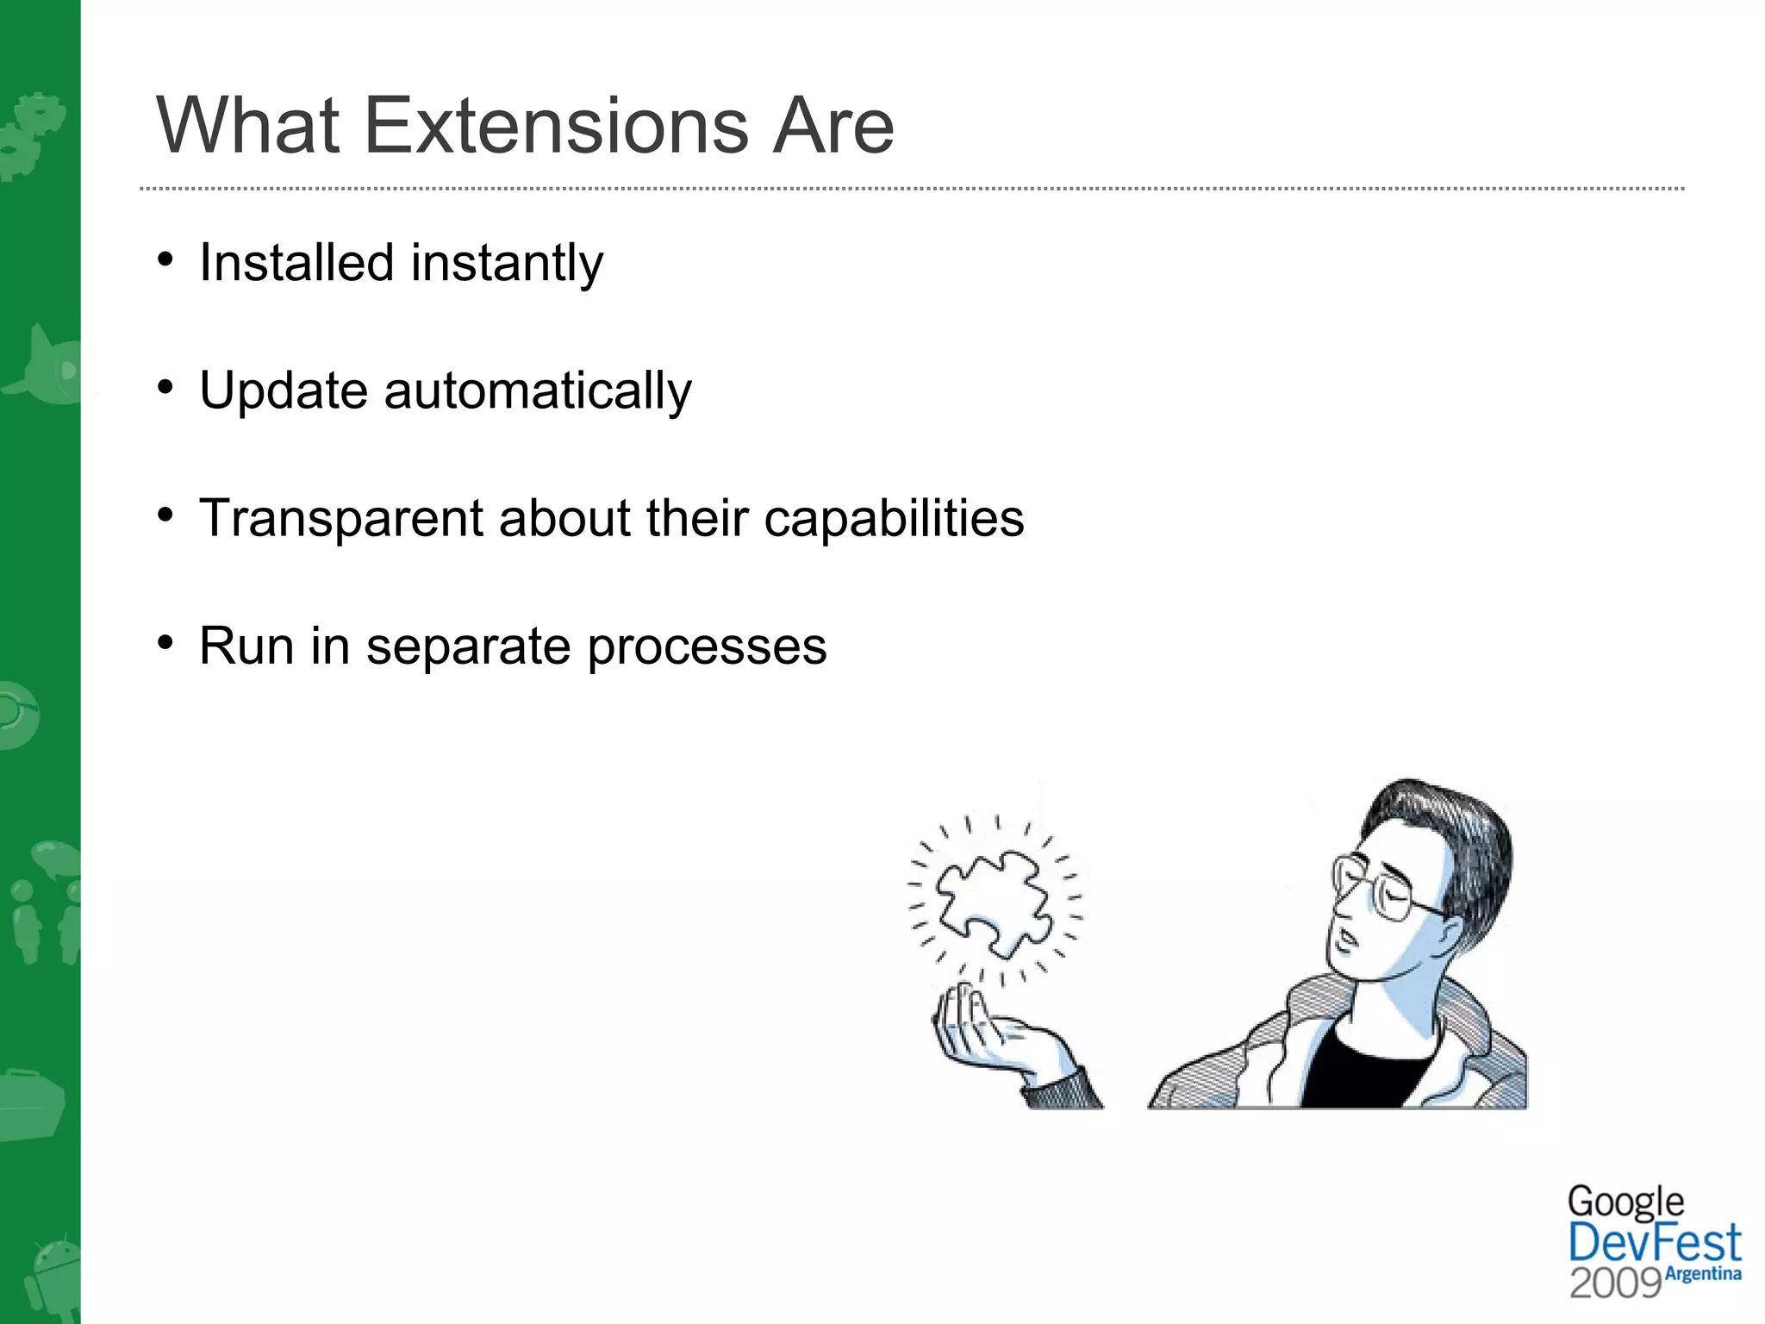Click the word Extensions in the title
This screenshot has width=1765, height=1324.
[556, 127]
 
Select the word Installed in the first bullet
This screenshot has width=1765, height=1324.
[296, 262]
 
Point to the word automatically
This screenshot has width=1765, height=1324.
[538, 391]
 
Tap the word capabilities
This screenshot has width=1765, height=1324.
[894, 520]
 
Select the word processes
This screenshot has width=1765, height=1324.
[706, 647]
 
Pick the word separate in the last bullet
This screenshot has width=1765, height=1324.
[468, 647]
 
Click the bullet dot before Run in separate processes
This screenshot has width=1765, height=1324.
[166, 643]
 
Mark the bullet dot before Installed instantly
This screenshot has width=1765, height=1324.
[166, 259]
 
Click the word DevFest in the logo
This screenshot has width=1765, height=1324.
[1654, 1244]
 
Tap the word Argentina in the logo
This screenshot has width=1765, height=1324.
[1704, 1274]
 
